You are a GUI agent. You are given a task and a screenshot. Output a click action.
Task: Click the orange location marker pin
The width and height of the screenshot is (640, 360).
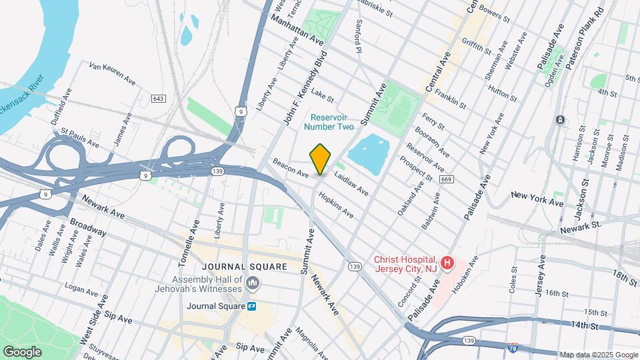tap(320, 159)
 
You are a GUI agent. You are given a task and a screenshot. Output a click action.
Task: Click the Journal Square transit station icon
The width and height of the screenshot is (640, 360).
tap(253, 307)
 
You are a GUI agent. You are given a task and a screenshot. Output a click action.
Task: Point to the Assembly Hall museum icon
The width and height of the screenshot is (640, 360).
tap(253, 285)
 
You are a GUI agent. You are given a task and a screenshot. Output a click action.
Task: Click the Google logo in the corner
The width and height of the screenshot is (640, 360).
tap(21, 351)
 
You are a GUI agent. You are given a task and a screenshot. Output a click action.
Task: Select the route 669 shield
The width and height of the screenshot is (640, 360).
tap(447, 179)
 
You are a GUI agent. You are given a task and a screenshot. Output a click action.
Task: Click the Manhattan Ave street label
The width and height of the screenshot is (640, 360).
tap(297, 31)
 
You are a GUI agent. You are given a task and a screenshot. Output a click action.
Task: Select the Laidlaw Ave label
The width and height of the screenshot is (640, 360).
tap(351, 185)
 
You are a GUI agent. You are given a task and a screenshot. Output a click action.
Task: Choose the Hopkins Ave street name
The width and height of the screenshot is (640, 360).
tap(335, 206)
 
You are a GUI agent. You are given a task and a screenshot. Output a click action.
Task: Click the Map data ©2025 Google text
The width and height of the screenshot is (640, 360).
tap(598, 354)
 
